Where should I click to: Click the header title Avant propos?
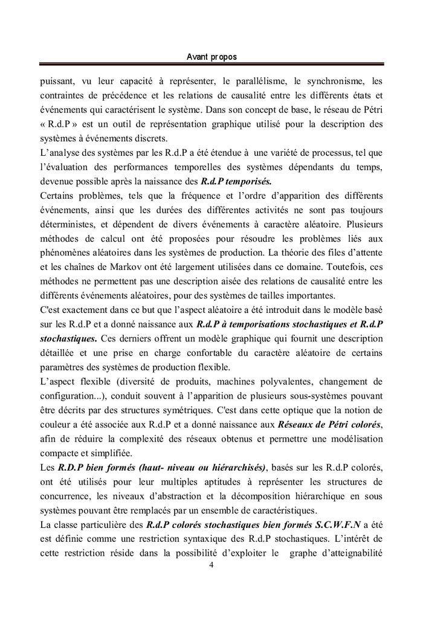click(x=211, y=56)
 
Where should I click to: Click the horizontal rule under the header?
click(x=211, y=65)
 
